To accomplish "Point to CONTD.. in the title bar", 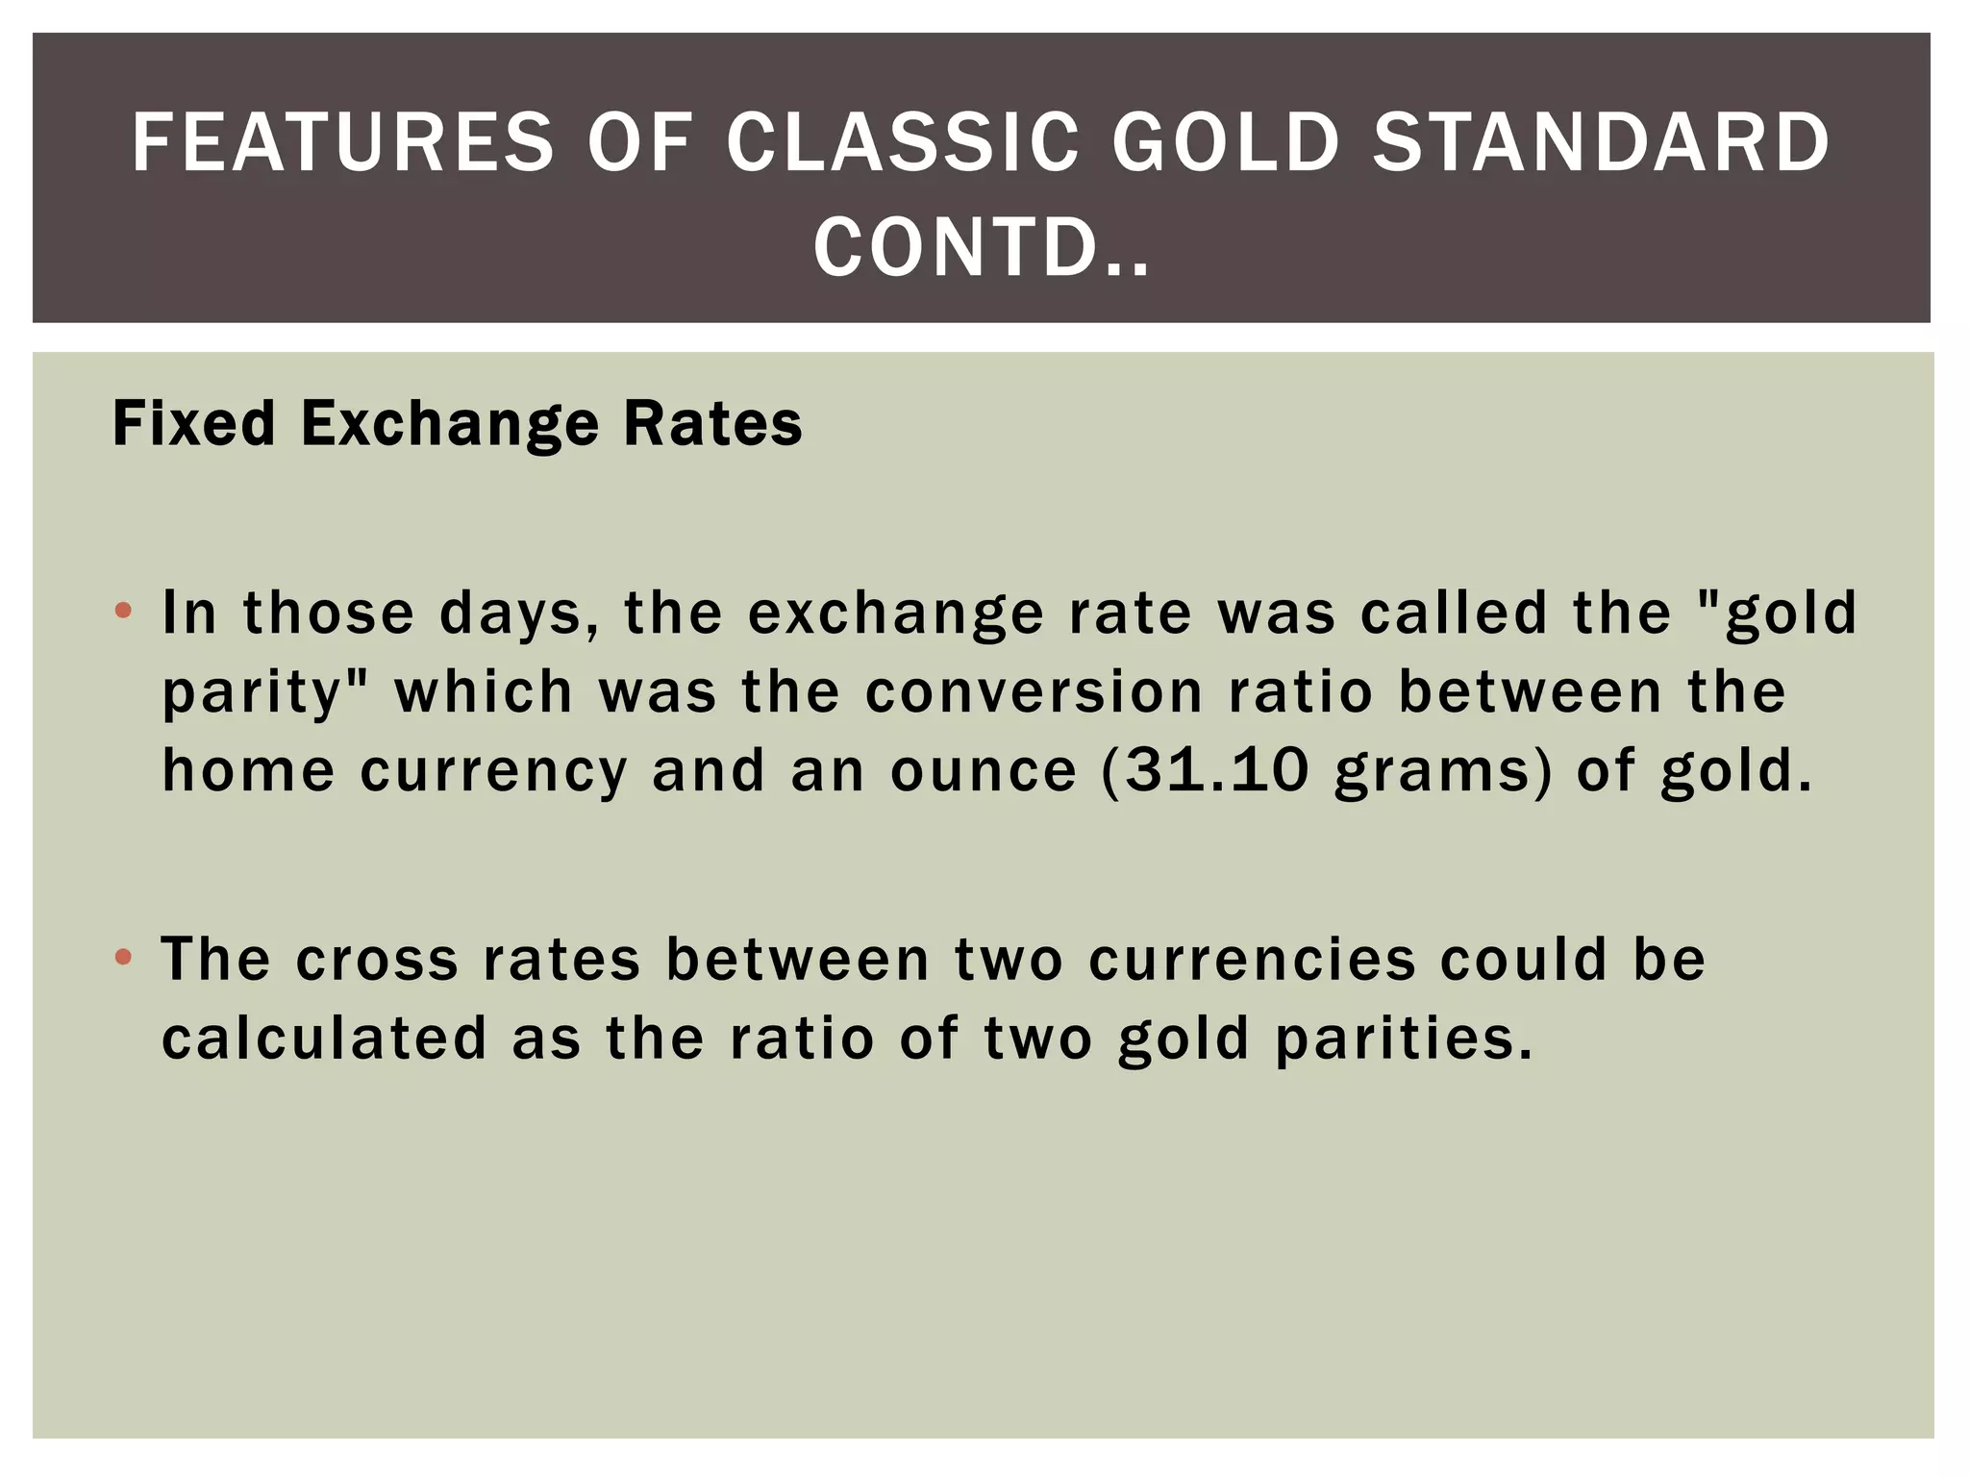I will point(982,248).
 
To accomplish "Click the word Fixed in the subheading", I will point(193,423).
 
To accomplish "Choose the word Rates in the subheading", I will point(712,423).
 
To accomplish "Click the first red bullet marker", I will point(122,611).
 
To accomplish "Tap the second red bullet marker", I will point(122,957).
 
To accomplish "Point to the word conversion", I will point(1034,692).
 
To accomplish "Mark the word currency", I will point(493,772).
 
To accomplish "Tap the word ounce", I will point(983,772).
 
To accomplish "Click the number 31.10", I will point(1216,770).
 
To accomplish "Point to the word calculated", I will point(324,1039).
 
